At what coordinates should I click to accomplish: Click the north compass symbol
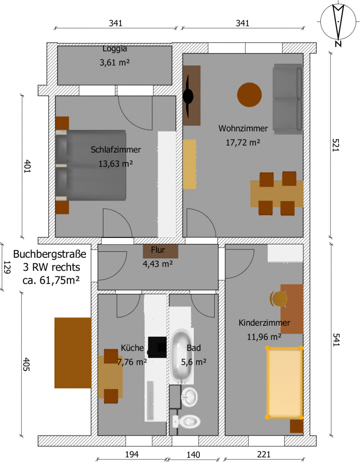[x=338, y=24]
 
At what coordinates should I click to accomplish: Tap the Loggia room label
[x=115, y=49]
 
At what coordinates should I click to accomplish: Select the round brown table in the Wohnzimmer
[x=249, y=95]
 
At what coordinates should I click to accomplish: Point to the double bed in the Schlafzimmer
[x=91, y=165]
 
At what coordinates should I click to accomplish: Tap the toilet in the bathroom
[x=186, y=422]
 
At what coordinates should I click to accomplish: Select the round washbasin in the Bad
[x=189, y=396]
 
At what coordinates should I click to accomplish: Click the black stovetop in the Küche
[x=157, y=347]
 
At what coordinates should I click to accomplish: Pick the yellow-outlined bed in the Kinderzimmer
[x=284, y=383]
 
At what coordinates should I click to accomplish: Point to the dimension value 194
[x=132, y=454]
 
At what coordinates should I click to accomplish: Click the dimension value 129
[x=7, y=267]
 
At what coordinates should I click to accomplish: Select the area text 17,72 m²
[x=243, y=143]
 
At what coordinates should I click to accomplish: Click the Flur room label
[x=158, y=250]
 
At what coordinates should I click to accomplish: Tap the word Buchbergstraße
[x=50, y=254]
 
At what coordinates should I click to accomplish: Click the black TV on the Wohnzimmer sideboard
[x=188, y=96]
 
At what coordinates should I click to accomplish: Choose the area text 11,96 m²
[x=264, y=336]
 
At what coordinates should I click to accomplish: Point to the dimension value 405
[x=26, y=364]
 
